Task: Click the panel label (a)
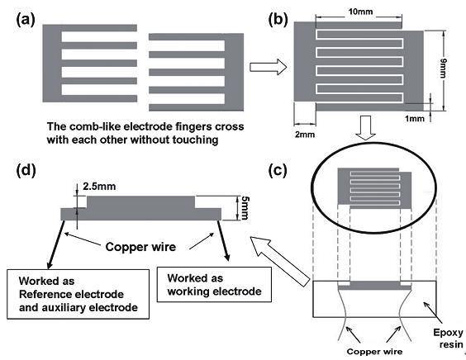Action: (x=26, y=20)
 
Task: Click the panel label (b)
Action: (x=278, y=20)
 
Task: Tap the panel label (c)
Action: (x=278, y=170)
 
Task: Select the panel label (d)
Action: (x=26, y=170)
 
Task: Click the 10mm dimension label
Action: (x=360, y=12)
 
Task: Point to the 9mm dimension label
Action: (x=444, y=69)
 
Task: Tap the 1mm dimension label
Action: (x=415, y=119)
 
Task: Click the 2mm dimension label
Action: (x=305, y=135)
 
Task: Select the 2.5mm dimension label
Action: (x=99, y=187)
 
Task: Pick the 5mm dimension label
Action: (x=245, y=207)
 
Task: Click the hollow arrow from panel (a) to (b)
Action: (x=268, y=67)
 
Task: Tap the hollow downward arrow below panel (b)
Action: (x=365, y=128)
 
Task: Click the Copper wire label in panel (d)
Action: (x=140, y=247)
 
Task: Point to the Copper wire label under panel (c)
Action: (x=374, y=352)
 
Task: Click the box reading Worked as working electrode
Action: (x=214, y=285)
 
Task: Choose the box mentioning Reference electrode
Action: (x=78, y=294)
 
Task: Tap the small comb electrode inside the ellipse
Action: (x=374, y=187)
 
